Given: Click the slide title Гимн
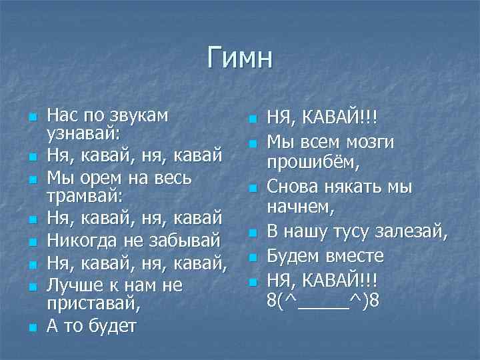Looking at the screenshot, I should click(x=240, y=57).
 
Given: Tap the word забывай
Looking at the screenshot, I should click(x=190, y=239).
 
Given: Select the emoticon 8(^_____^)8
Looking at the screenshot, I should click(x=323, y=299).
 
